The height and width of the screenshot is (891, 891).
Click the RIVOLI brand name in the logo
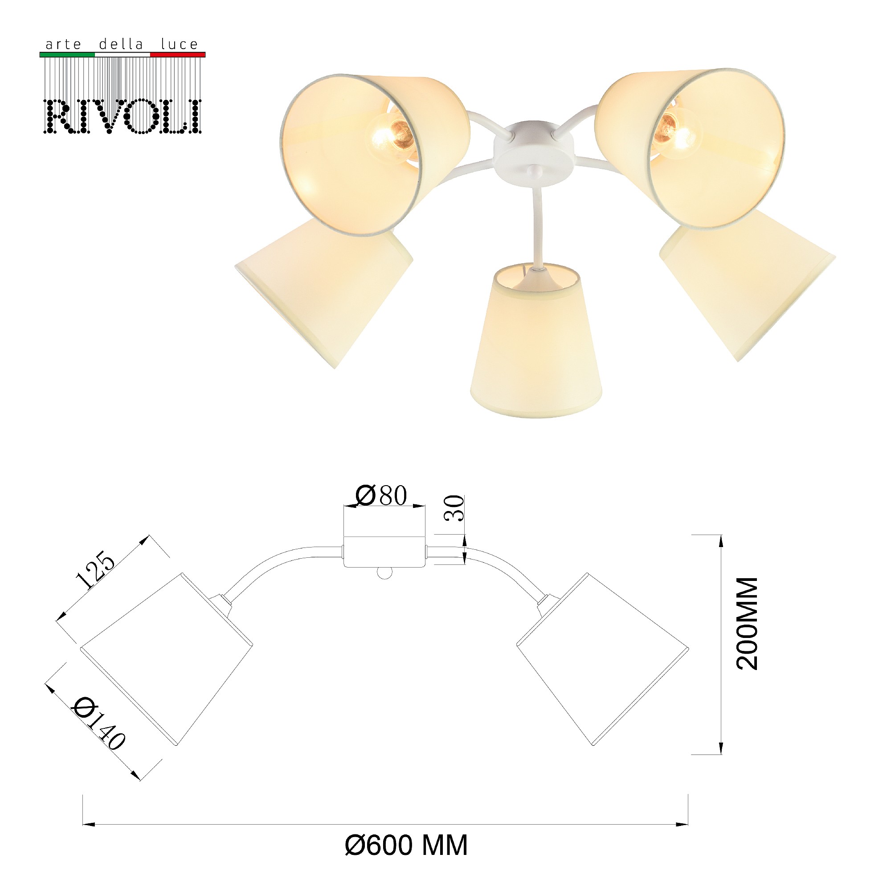[x=123, y=116]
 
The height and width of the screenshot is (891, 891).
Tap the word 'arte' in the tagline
[x=63, y=45]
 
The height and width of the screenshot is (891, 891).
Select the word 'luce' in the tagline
[x=180, y=44]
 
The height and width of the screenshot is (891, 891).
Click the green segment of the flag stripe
[x=67, y=54]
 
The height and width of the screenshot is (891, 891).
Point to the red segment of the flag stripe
[x=178, y=54]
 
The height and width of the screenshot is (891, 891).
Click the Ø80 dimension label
[x=381, y=495]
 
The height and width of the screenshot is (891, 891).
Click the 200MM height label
[x=747, y=623]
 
